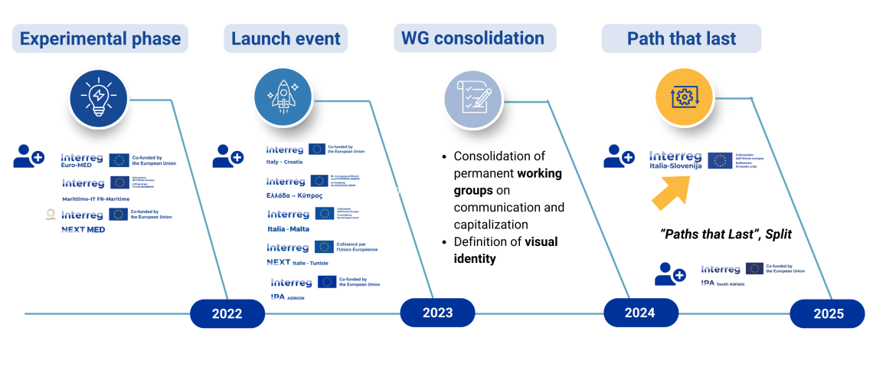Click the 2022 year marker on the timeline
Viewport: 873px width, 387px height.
(227, 313)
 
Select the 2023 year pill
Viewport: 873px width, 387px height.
(437, 313)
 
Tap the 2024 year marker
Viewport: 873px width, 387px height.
(640, 313)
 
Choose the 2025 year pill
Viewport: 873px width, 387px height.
(828, 313)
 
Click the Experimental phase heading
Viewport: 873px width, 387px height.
(100, 38)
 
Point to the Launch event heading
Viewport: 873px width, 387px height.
(286, 38)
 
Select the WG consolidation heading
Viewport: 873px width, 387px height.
(474, 38)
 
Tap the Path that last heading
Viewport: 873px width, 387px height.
(681, 38)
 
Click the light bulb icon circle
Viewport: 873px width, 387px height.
(100, 99)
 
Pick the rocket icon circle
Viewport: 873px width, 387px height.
(283, 97)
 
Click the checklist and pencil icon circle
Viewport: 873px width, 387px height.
(473, 98)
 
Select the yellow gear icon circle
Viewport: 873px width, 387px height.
(684, 97)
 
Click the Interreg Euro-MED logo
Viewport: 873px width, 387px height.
(119, 159)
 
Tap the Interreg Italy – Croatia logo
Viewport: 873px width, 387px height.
(316, 153)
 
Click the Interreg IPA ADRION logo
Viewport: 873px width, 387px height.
(325, 286)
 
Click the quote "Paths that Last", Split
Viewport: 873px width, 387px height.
(726, 234)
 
